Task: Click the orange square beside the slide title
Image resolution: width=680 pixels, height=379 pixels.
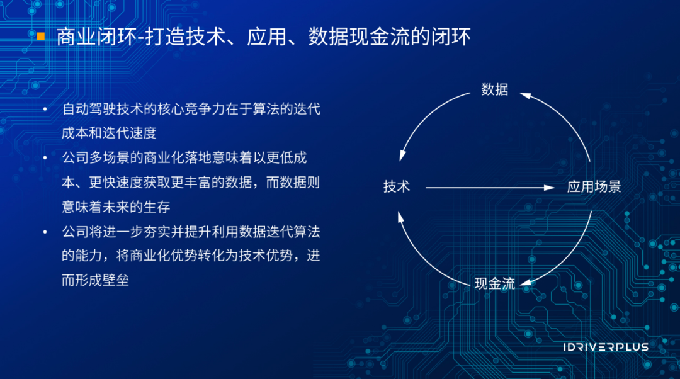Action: [x=41, y=36]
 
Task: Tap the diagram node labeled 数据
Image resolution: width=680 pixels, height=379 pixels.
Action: [x=494, y=89]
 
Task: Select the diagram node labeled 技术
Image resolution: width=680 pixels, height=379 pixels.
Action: [x=397, y=187]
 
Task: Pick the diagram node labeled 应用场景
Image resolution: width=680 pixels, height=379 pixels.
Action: [x=594, y=187]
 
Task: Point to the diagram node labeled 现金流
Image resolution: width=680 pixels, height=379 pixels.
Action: [x=494, y=283]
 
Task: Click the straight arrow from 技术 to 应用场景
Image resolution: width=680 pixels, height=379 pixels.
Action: [x=488, y=187]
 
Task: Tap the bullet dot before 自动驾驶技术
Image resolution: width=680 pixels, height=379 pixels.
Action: [x=45, y=110]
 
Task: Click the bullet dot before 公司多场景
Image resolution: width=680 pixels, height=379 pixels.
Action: [x=45, y=158]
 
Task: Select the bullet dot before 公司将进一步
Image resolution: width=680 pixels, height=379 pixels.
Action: [x=45, y=232]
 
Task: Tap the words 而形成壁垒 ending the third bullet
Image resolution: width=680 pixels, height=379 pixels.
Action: [x=96, y=280]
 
